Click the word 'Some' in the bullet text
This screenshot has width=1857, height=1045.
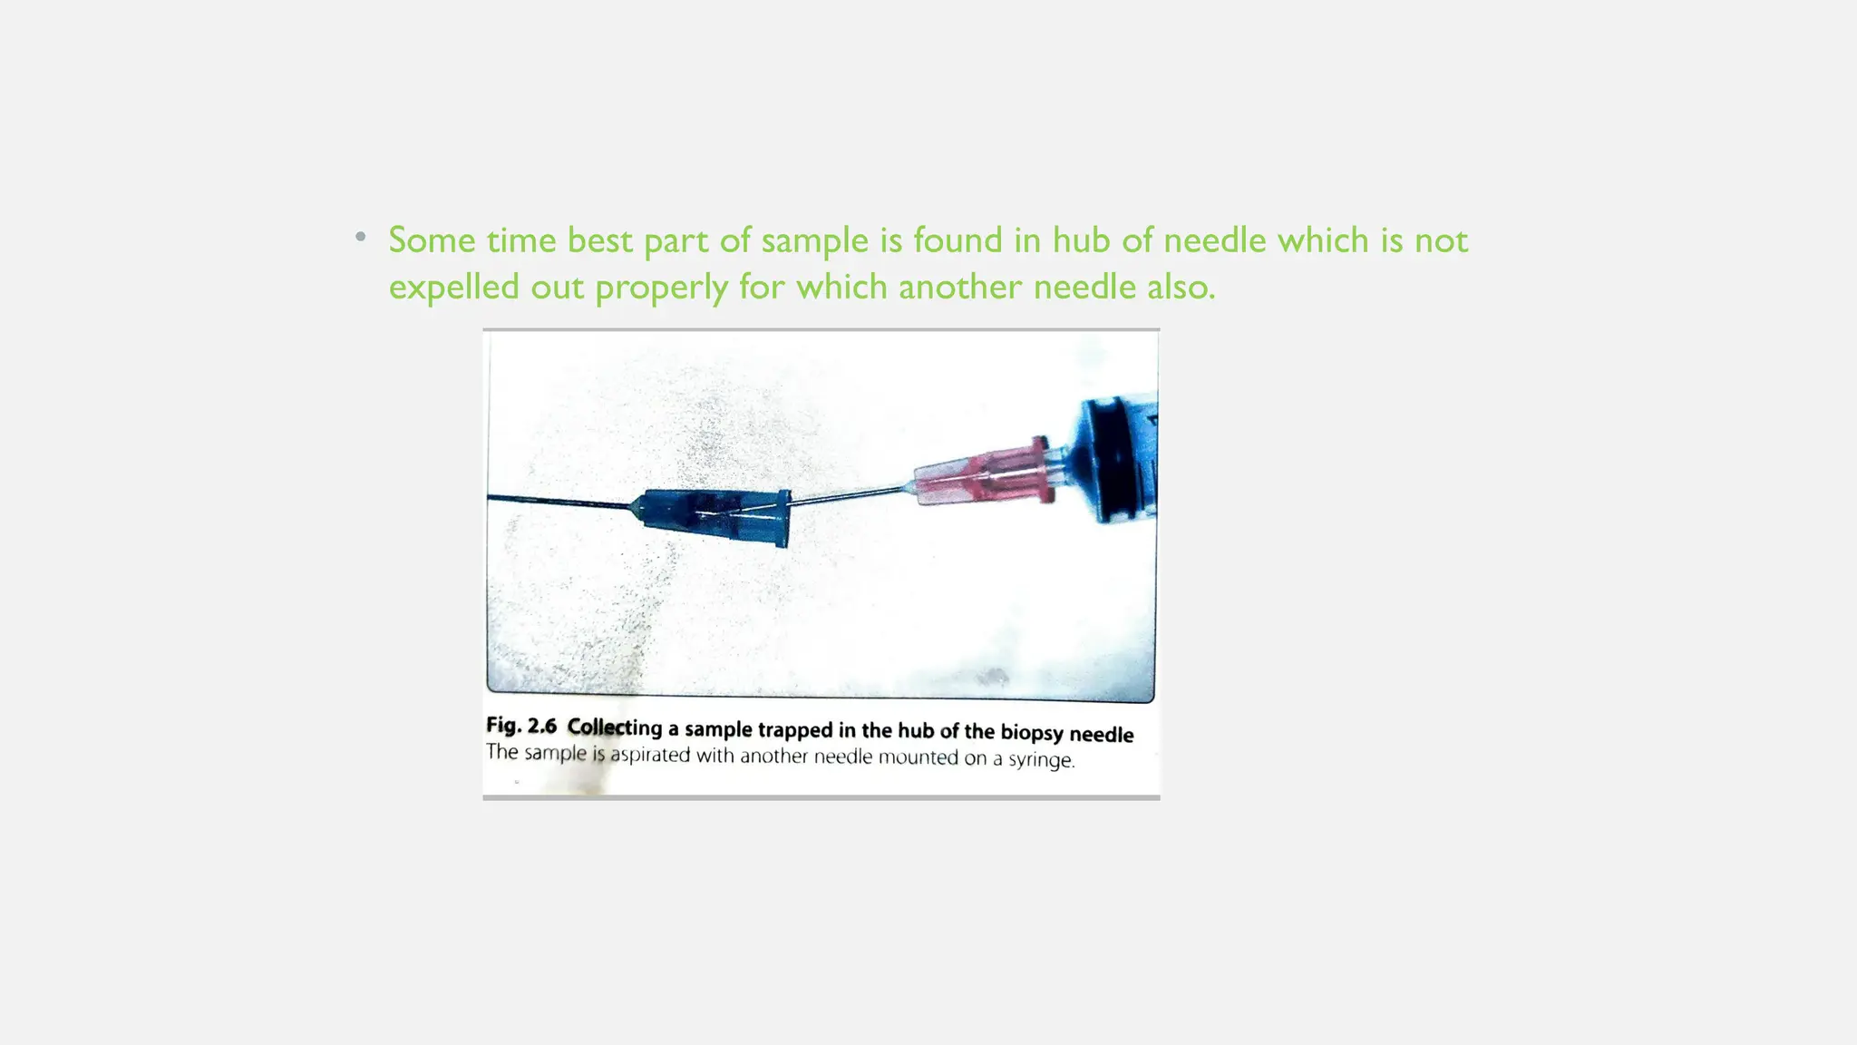click(x=432, y=240)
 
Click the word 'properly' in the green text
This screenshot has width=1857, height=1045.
click(x=661, y=288)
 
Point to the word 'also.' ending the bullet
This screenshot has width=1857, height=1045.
click(x=1181, y=288)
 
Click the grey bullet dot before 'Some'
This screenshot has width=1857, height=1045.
click(x=361, y=238)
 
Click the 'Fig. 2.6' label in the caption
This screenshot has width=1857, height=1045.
click(x=520, y=726)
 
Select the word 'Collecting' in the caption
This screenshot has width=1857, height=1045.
click(x=615, y=728)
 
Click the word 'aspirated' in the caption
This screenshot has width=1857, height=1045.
click(x=650, y=755)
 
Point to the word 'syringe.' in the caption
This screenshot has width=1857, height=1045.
click(x=1042, y=759)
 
